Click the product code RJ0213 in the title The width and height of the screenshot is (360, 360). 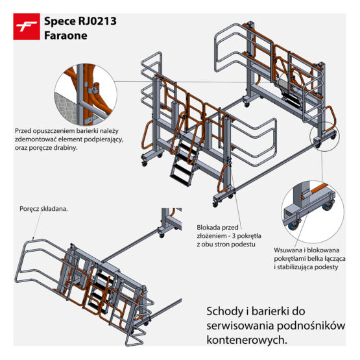coord(95,21)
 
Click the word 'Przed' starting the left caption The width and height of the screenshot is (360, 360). coord(25,130)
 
